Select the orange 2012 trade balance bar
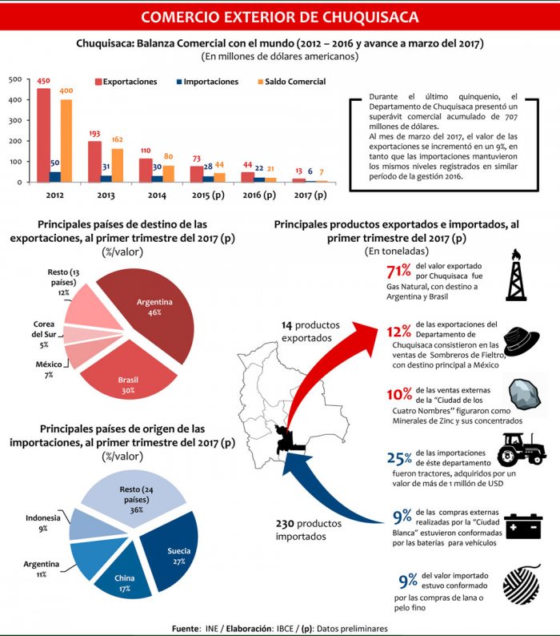(66, 140)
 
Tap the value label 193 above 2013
(94, 134)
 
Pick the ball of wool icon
(521, 584)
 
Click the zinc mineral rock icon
(521, 396)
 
